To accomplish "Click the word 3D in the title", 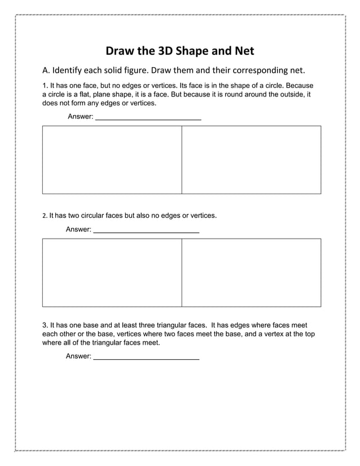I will (161, 51).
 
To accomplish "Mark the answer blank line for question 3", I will (146, 357).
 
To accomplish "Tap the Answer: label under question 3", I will (78, 357).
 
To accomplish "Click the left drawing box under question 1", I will (112, 160).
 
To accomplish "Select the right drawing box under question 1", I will (251, 160).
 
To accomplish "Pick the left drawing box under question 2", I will (112, 272).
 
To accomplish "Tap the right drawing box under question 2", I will (251, 272).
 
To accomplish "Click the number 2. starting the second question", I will (45, 216).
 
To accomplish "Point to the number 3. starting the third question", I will (46, 326).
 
